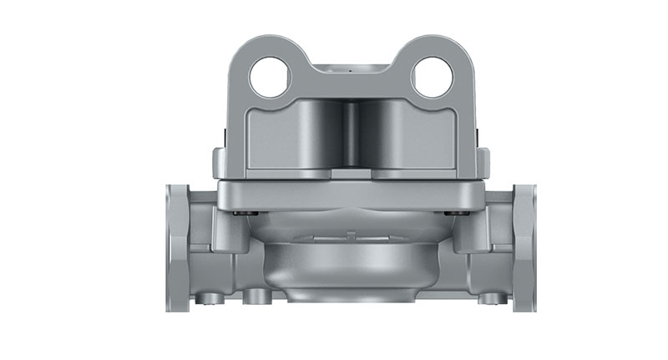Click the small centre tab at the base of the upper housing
coord(350,175)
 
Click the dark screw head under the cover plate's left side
coord(242,213)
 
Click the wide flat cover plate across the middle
coord(350,194)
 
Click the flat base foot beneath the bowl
coord(350,303)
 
